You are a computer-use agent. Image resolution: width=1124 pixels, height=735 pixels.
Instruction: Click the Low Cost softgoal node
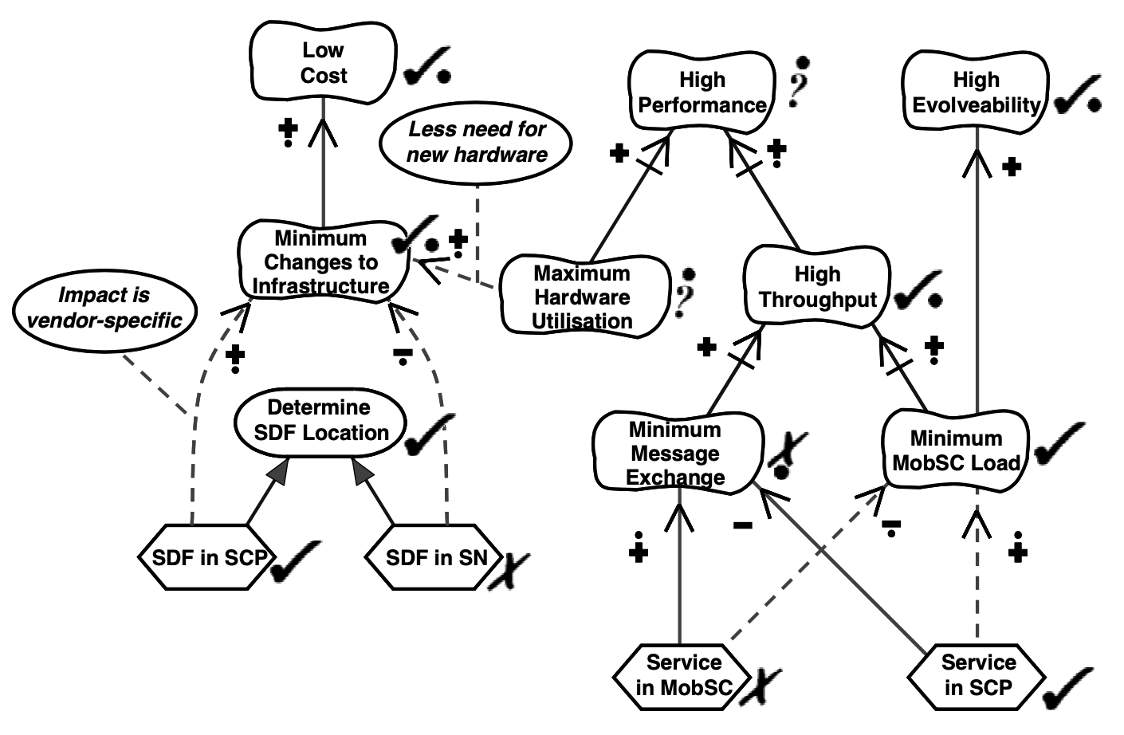(x=323, y=62)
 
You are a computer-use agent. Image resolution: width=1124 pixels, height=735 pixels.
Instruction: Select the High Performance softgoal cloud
(x=702, y=92)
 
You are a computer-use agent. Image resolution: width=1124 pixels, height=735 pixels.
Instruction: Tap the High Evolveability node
(x=975, y=92)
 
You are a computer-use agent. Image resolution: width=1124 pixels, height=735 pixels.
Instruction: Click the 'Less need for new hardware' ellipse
(x=477, y=142)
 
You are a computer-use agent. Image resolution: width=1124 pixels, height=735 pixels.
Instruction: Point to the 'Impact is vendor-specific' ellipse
(x=104, y=308)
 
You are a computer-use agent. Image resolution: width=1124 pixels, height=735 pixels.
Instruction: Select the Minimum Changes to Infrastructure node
(x=322, y=261)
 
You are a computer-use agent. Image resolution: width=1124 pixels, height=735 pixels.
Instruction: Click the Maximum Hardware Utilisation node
(x=583, y=297)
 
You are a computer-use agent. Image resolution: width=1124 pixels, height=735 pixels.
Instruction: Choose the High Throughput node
(x=817, y=287)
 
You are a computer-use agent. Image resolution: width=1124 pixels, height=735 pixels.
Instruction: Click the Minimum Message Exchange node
(x=675, y=453)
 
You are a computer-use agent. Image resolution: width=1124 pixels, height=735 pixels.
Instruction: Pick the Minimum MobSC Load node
(x=956, y=450)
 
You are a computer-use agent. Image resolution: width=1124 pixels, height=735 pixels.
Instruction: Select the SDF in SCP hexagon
(x=209, y=556)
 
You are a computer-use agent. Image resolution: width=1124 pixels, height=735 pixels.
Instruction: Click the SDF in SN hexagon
(x=435, y=556)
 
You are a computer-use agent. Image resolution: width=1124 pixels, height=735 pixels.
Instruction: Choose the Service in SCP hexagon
(x=977, y=674)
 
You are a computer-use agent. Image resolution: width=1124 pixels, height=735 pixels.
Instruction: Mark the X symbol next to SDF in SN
(x=509, y=571)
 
